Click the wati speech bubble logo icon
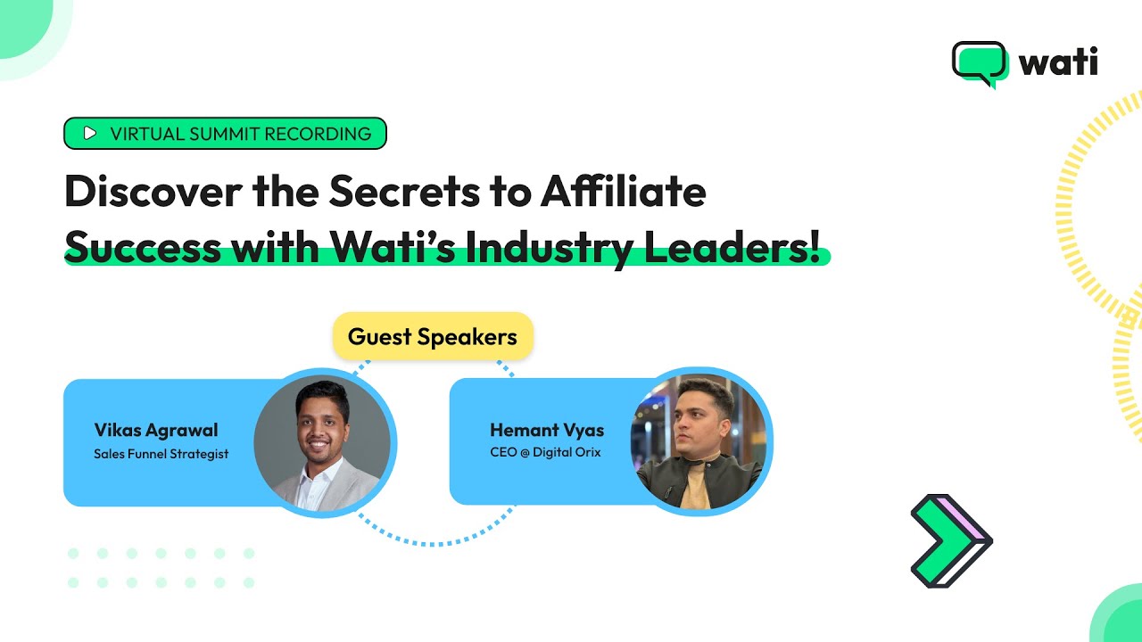979,63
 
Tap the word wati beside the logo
1058,62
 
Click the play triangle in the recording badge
89,134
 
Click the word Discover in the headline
152,192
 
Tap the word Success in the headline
143,247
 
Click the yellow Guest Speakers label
433,337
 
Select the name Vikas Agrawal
156,431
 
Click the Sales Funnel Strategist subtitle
161,454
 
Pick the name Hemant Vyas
547,431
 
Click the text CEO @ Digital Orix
545,452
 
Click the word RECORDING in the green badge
314,134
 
